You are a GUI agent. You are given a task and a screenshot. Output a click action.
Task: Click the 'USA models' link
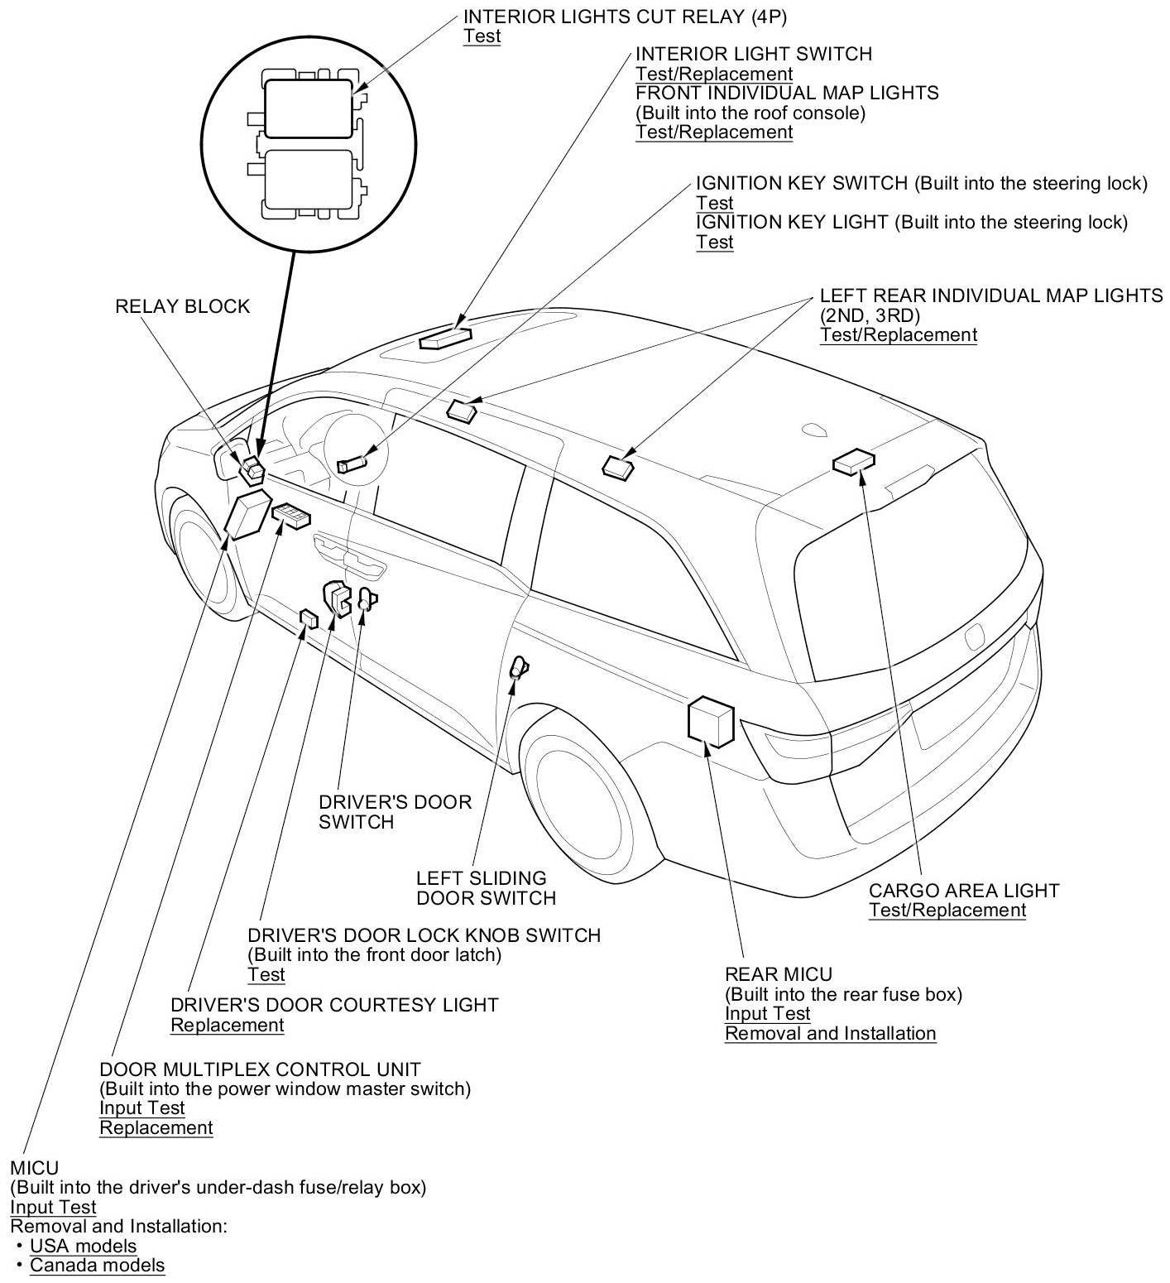click(x=83, y=1245)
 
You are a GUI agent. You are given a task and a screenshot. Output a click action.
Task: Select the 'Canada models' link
click(x=97, y=1265)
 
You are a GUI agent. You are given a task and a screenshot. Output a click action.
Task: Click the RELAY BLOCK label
click(x=182, y=306)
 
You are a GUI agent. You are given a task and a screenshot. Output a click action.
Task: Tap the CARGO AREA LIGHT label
click(x=964, y=891)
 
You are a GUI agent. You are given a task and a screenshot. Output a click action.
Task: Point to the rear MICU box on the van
click(x=711, y=719)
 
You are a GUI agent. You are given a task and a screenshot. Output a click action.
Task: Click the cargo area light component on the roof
click(x=854, y=463)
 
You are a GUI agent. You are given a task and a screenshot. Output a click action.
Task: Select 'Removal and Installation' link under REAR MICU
click(x=830, y=1033)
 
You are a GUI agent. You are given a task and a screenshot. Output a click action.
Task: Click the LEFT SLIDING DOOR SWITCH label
click(x=486, y=887)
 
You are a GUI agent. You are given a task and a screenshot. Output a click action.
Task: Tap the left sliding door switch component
click(x=518, y=666)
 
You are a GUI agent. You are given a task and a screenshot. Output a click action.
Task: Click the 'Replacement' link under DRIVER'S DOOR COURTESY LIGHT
click(x=227, y=1025)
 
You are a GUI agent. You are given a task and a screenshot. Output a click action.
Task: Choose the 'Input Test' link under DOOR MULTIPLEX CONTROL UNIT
click(x=141, y=1108)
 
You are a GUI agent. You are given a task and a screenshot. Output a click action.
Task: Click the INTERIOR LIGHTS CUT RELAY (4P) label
click(x=625, y=16)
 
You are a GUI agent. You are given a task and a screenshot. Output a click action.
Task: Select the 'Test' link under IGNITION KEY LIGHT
click(x=714, y=242)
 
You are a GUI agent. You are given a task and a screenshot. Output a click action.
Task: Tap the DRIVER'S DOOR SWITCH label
click(x=395, y=811)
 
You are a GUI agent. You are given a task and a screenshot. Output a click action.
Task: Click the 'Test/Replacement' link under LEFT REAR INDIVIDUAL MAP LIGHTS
click(x=898, y=334)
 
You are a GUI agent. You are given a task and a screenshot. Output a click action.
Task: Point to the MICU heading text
click(x=34, y=1168)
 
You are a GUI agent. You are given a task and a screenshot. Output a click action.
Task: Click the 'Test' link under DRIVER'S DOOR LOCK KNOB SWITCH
click(x=266, y=974)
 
